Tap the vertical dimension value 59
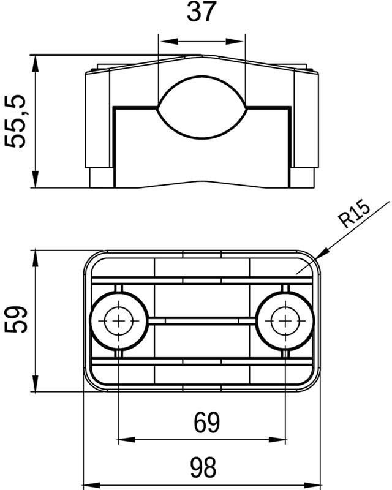[17, 320]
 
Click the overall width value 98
[202, 469]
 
